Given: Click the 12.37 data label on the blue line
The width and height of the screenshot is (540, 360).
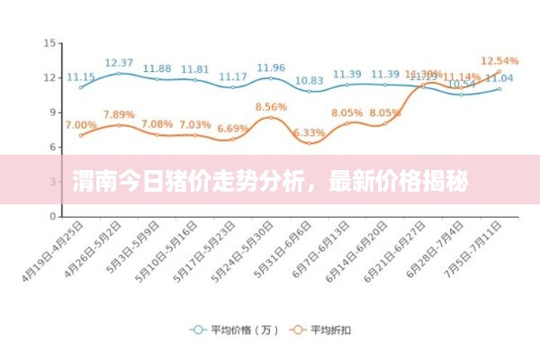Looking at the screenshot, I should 119,63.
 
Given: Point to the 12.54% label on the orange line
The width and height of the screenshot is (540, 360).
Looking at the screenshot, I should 500,61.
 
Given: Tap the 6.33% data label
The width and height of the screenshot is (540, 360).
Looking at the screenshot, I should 309,132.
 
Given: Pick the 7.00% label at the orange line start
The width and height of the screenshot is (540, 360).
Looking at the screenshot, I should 81,124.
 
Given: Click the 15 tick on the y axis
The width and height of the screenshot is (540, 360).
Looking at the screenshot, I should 50,42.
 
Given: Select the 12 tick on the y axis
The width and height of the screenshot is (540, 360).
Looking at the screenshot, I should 50,77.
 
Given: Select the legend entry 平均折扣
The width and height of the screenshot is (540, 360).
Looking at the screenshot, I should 328,330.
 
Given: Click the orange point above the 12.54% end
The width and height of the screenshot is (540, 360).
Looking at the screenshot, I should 499,71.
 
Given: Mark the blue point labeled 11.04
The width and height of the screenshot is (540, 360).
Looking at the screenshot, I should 499,88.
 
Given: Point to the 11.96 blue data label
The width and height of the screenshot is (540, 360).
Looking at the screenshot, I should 271,67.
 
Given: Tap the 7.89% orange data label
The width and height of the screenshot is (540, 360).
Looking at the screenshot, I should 119,114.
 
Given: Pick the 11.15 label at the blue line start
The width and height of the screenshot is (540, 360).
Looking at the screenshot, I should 81,76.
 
